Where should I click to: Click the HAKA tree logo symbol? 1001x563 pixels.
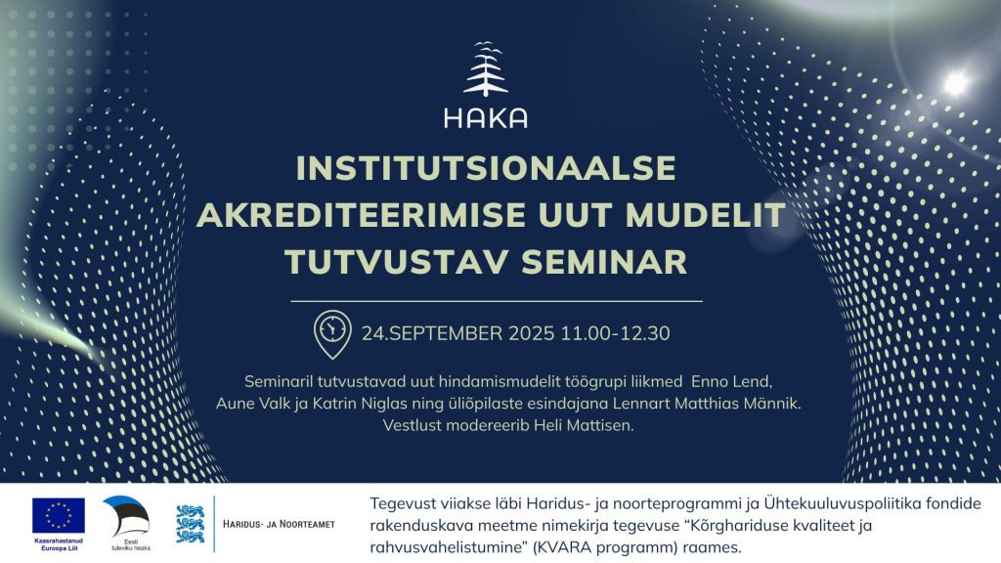point(486,69)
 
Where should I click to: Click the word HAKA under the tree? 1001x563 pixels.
point(486,117)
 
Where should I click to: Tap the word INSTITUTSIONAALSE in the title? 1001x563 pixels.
point(486,168)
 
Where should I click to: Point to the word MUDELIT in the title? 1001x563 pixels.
point(705,215)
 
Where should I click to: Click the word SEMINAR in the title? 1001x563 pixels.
point(604,262)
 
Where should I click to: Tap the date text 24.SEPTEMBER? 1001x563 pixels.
point(432,334)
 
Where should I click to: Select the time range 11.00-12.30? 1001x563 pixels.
point(616,334)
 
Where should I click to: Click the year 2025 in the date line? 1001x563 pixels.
point(532,334)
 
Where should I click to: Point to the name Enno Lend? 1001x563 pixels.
point(731,382)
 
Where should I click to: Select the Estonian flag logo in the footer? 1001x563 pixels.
point(128,516)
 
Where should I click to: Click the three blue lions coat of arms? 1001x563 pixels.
point(191,524)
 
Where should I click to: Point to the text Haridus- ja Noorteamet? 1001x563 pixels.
point(279,524)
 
